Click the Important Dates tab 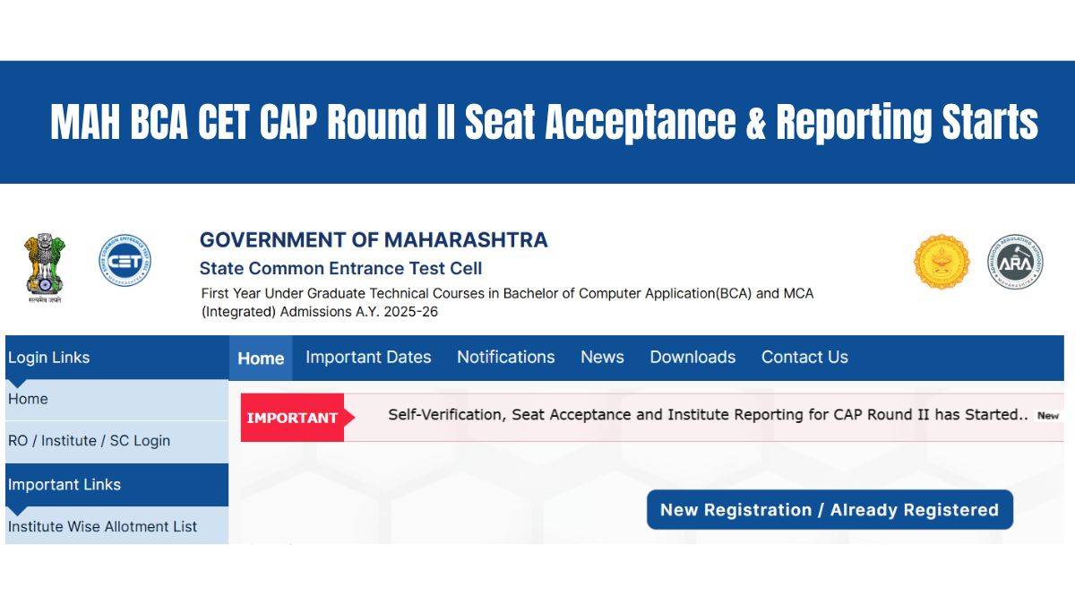pyautogui.click(x=368, y=357)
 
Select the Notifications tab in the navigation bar pyautogui.click(x=505, y=357)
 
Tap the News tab pyautogui.click(x=602, y=357)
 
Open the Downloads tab pyautogui.click(x=692, y=357)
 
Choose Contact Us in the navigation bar pyautogui.click(x=804, y=357)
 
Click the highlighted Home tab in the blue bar pyautogui.click(x=261, y=358)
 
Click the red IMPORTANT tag pyautogui.click(x=293, y=418)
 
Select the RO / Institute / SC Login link pyautogui.click(x=89, y=441)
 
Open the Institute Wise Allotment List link pyautogui.click(x=102, y=526)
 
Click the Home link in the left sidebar pyautogui.click(x=28, y=399)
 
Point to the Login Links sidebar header pyautogui.click(x=48, y=358)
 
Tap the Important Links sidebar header pyautogui.click(x=64, y=485)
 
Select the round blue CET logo pyautogui.click(x=125, y=262)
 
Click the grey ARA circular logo pyautogui.click(x=1015, y=263)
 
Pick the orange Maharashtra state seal pyautogui.click(x=942, y=263)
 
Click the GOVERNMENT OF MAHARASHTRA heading pyautogui.click(x=374, y=240)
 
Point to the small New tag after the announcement pyautogui.click(x=1047, y=416)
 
